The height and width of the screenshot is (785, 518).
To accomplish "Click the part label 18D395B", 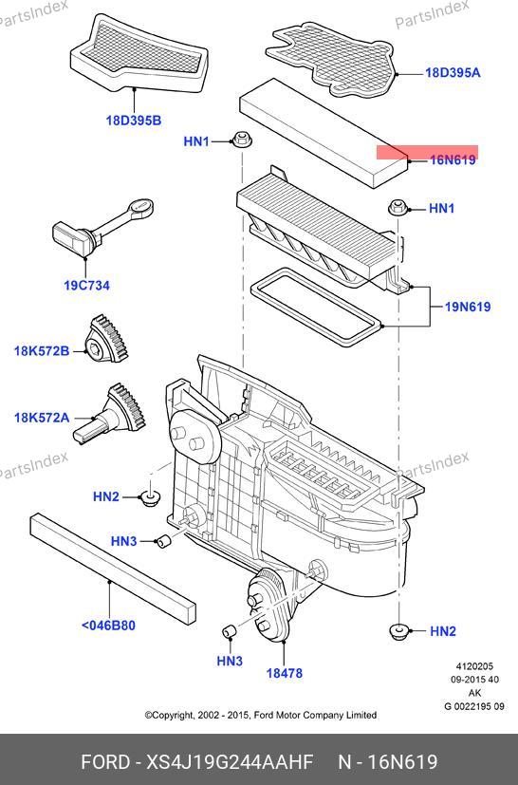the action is [134, 121].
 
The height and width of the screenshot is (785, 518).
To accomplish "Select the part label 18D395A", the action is [453, 72].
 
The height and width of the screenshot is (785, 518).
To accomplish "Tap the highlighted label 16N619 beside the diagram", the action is [453, 159].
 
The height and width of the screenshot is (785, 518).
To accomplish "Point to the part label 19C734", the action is [86, 286].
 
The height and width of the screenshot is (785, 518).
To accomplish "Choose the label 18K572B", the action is [42, 351].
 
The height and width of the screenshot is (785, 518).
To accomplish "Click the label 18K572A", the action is [42, 417].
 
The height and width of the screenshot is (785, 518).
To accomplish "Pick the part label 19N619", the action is [468, 307].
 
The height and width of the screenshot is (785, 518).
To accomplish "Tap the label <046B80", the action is [108, 626].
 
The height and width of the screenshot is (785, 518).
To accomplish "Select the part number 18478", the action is [285, 673].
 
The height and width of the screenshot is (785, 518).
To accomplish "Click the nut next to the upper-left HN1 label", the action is [242, 140].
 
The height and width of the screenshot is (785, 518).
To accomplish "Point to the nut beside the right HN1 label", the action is [398, 207].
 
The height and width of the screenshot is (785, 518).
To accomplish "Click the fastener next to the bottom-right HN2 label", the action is [399, 631].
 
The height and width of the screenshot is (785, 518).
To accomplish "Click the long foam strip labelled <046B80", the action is [113, 568].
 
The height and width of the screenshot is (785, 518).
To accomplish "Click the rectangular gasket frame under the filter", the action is [316, 306].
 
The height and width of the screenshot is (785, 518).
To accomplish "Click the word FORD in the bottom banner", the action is [104, 761].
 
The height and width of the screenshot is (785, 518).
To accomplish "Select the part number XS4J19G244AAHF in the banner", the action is [230, 761].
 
